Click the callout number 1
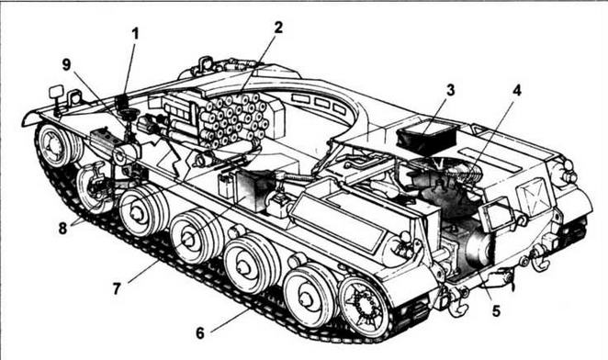pyautogui.click(x=134, y=34)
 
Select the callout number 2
pyautogui.click(x=278, y=28)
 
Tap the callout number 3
pyautogui.click(x=450, y=90)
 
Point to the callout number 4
pyautogui.click(x=516, y=90)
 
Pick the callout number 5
pyautogui.click(x=496, y=310)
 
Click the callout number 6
pyautogui.click(x=200, y=332)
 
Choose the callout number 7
pyautogui.click(x=117, y=288)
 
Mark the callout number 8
pyautogui.click(x=62, y=228)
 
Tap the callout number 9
pyautogui.click(x=67, y=65)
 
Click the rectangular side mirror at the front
pyautogui.click(x=56, y=92)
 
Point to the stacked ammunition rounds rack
pyautogui.click(x=233, y=119)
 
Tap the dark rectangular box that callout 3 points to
pyautogui.click(x=426, y=138)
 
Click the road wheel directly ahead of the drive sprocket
pyautogui.click(x=309, y=295)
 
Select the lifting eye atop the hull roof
pyautogui.click(x=206, y=63)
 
